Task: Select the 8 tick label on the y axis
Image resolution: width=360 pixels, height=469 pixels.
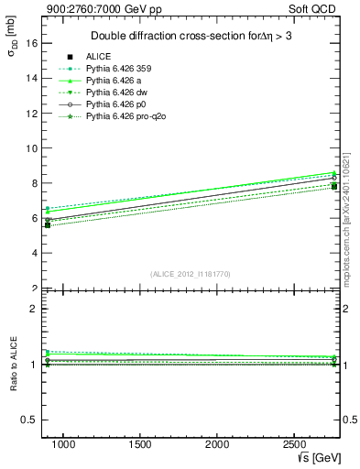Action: pos(32,183)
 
